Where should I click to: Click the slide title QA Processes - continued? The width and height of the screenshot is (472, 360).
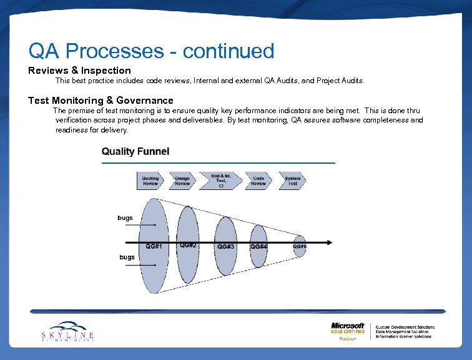151,51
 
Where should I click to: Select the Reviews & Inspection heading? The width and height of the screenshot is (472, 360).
79,71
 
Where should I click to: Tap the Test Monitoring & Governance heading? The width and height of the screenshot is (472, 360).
101,100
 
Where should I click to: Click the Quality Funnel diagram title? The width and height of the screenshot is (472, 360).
135,151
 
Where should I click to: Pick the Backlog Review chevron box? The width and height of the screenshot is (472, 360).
150,181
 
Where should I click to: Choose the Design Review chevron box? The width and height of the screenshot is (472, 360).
182,181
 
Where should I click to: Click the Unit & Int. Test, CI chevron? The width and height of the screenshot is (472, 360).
221,181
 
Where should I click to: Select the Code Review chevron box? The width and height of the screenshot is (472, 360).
258,181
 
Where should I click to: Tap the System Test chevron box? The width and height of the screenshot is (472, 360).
292,181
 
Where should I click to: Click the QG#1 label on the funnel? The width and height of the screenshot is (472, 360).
154,246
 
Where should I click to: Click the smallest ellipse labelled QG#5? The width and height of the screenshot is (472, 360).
300,246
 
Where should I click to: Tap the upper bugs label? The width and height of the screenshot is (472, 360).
125,218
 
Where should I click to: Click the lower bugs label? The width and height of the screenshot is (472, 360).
127,257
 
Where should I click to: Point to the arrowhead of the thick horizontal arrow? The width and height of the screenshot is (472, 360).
329,242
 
